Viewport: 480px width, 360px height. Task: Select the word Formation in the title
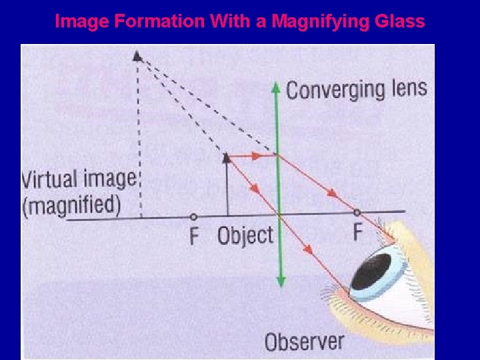[158, 22]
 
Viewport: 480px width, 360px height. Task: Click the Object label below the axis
[245, 235]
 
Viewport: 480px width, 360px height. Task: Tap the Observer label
[304, 341]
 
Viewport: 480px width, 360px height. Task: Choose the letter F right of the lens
[358, 233]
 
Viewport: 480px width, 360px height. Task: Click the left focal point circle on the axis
[193, 216]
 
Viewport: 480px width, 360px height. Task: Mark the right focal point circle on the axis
[357, 213]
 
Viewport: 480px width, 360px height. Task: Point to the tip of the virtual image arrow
[137, 56]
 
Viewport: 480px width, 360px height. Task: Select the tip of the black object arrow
[227, 157]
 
